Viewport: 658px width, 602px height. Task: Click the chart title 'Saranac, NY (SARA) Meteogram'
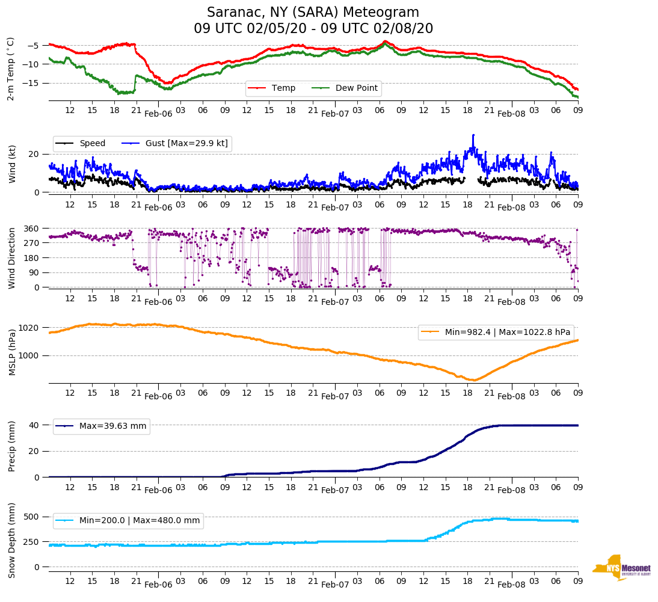[313, 13]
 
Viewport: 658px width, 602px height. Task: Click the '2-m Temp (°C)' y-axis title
[11, 69]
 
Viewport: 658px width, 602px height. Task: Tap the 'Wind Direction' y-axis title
[12, 258]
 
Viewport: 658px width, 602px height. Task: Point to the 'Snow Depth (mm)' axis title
[12, 540]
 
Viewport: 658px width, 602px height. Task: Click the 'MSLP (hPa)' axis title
[12, 352]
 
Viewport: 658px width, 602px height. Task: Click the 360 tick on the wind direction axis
[31, 229]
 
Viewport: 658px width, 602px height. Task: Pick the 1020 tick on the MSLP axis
[29, 328]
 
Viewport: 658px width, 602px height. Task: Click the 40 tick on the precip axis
[34, 425]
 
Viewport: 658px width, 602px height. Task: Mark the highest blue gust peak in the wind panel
[473, 135]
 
